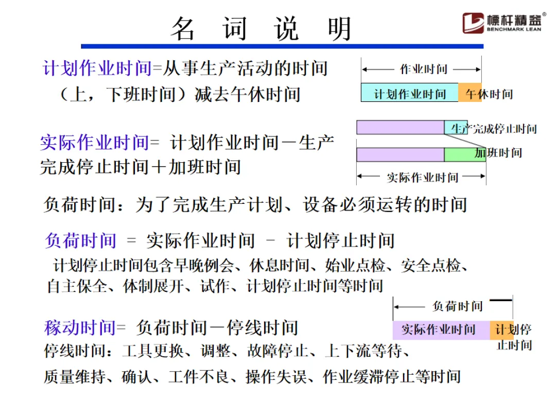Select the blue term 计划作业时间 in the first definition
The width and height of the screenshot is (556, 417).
tap(97, 68)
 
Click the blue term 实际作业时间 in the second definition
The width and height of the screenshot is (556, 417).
tap(95, 143)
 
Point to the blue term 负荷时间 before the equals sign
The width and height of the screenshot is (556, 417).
tap(81, 240)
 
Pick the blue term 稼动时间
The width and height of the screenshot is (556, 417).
tap(80, 327)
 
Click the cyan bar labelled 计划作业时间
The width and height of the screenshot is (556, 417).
tap(409, 93)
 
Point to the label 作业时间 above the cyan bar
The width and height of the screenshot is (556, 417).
tap(424, 69)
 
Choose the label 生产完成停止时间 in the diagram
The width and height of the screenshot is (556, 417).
tap(494, 129)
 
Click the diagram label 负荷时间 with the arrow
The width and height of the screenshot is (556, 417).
tap(458, 306)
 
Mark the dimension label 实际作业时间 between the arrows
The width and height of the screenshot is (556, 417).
tap(422, 178)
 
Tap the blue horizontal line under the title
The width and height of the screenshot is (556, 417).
tap(282, 46)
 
